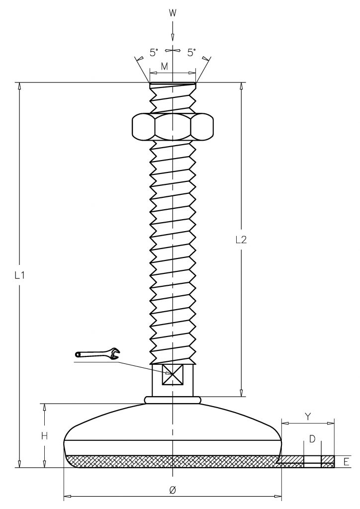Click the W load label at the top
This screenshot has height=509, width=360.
[x=173, y=13]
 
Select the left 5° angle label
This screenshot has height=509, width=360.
[x=154, y=52]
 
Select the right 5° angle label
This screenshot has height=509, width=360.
[x=192, y=52]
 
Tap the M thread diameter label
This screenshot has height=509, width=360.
[x=165, y=67]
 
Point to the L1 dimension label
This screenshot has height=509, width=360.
[x=20, y=275]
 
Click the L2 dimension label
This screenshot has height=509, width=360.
[x=241, y=240]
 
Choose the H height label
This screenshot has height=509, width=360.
[x=44, y=436]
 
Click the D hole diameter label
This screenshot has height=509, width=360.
[x=312, y=439]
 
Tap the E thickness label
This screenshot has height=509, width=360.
[x=347, y=462]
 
